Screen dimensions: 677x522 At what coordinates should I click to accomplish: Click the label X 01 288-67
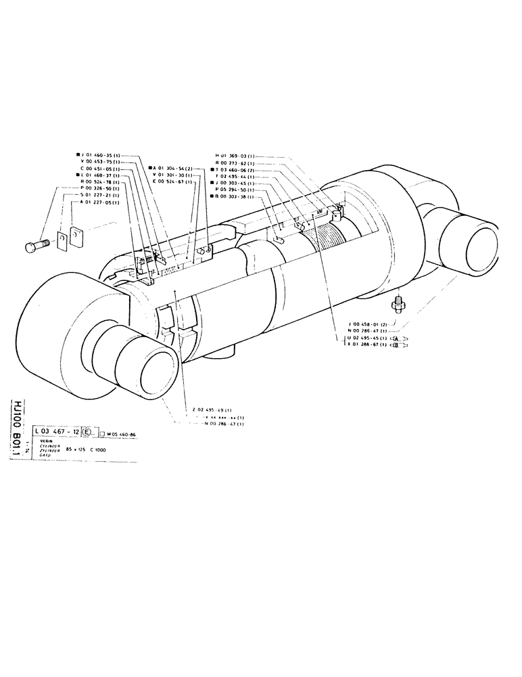click(367, 345)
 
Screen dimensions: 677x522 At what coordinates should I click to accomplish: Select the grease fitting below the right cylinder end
click(399, 303)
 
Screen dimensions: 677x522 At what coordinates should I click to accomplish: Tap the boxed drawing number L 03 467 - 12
click(57, 431)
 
